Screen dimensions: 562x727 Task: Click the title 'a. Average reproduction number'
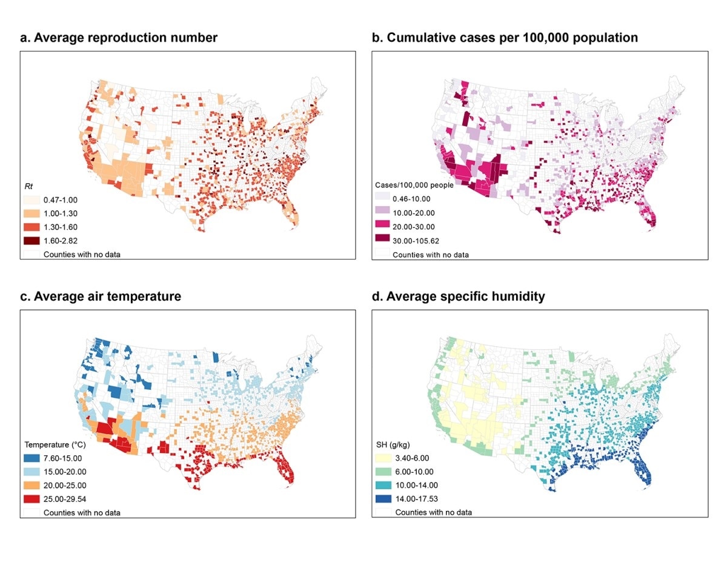point(119,38)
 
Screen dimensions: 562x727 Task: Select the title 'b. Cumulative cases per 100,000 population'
point(504,38)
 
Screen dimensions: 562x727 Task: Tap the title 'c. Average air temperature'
point(101,296)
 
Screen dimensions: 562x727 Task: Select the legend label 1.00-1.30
point(61,213)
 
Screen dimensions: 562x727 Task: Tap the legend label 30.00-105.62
point(418,241)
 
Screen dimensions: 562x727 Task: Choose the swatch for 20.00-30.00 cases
point(380,227)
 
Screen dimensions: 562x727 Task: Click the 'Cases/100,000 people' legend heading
point(413,185)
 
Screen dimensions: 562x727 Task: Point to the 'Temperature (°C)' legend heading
point(55,444)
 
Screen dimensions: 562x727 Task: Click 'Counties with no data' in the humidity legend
point(433,512)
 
